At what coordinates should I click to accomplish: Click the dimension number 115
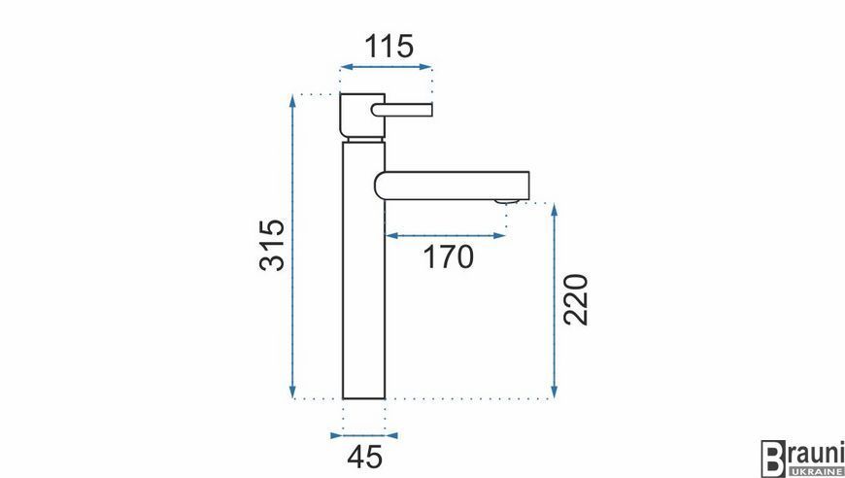pos(389,47)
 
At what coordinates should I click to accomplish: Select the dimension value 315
pos(272,245)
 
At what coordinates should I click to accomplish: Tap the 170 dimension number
pos(449,257)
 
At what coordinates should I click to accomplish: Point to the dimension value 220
pos(575,299)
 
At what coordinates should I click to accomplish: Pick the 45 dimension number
pos(365,458)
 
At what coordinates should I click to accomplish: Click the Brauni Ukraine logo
pos(802,459)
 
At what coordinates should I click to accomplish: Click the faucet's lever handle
pos(402,110)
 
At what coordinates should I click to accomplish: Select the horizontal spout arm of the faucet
pos(453,186)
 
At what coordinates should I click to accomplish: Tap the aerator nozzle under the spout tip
pos(506,202)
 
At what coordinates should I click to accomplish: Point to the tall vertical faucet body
pos(364,270)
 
